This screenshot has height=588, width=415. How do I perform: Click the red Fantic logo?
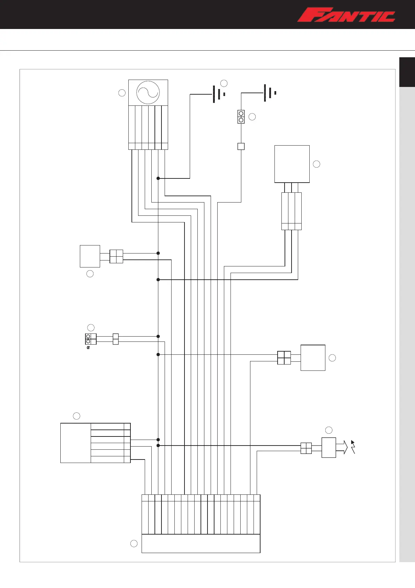click(x=346, y=15)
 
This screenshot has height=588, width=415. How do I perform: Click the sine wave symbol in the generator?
click(x=148, y=93)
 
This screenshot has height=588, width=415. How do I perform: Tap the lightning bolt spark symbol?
click(x=353, y=447)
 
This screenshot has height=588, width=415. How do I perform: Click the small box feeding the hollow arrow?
click(x=329, y=447)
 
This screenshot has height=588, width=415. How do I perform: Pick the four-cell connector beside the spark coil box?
click(x=306, y=448)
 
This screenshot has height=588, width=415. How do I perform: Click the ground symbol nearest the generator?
click(x=218, y=94)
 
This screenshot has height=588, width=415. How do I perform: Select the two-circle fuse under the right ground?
click(x=241, y=117)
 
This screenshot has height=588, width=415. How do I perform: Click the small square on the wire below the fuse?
click(x=241, y=146)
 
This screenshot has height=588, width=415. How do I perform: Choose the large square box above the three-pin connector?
click(x=292, y=164)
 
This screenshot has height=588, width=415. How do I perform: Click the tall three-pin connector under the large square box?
click(x=291, y=211)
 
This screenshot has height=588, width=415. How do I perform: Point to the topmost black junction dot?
click(x=158, y=178)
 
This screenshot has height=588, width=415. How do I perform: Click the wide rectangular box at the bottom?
click(x=201, y=543)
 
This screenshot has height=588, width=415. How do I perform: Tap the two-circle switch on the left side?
click(x=91, y=339)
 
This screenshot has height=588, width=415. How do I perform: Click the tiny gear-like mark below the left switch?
click(x=88, y=348)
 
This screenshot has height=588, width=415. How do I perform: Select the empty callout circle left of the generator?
click(x=122, y=93)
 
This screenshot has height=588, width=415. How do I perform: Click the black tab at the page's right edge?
click(x=407, y=72)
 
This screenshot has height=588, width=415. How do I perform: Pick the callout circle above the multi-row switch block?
click(x=76, y=416)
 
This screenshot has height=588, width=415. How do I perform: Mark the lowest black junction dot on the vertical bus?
click(x=158, y=446)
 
